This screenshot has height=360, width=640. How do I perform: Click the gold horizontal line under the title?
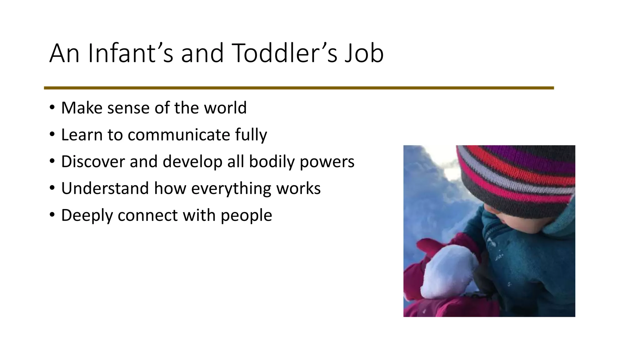coord(299,88)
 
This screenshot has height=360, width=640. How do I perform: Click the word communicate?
coord(179,135)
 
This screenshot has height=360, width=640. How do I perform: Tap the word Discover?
coord(93,162)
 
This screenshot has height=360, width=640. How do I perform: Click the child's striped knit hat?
coord(516,178)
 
